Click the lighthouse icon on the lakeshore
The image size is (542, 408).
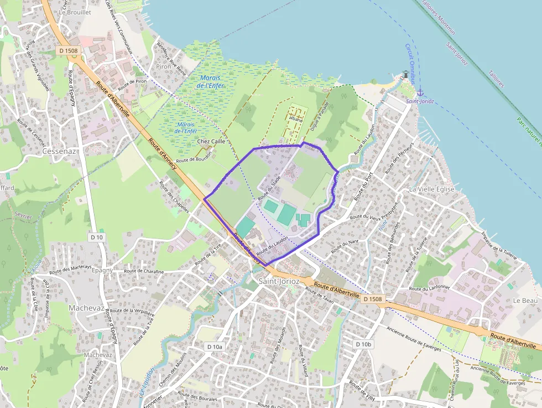coord(406,74)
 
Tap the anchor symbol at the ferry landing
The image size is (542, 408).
coord(420,92)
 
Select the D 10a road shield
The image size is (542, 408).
coord(215,347)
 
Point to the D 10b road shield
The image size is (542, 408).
coord(363,344)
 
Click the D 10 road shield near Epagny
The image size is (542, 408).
coord(96,237)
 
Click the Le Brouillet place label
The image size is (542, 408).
coord(74,11)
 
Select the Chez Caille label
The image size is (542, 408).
coord(211,141)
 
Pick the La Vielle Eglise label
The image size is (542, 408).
coord(431,189)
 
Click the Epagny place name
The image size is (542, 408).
coord(102,270)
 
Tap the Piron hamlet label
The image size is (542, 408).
coord(164,66)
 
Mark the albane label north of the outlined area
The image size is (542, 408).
coord(296,120)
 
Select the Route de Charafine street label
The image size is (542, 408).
coord(144,271)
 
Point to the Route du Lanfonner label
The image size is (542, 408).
coord(429,288)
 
